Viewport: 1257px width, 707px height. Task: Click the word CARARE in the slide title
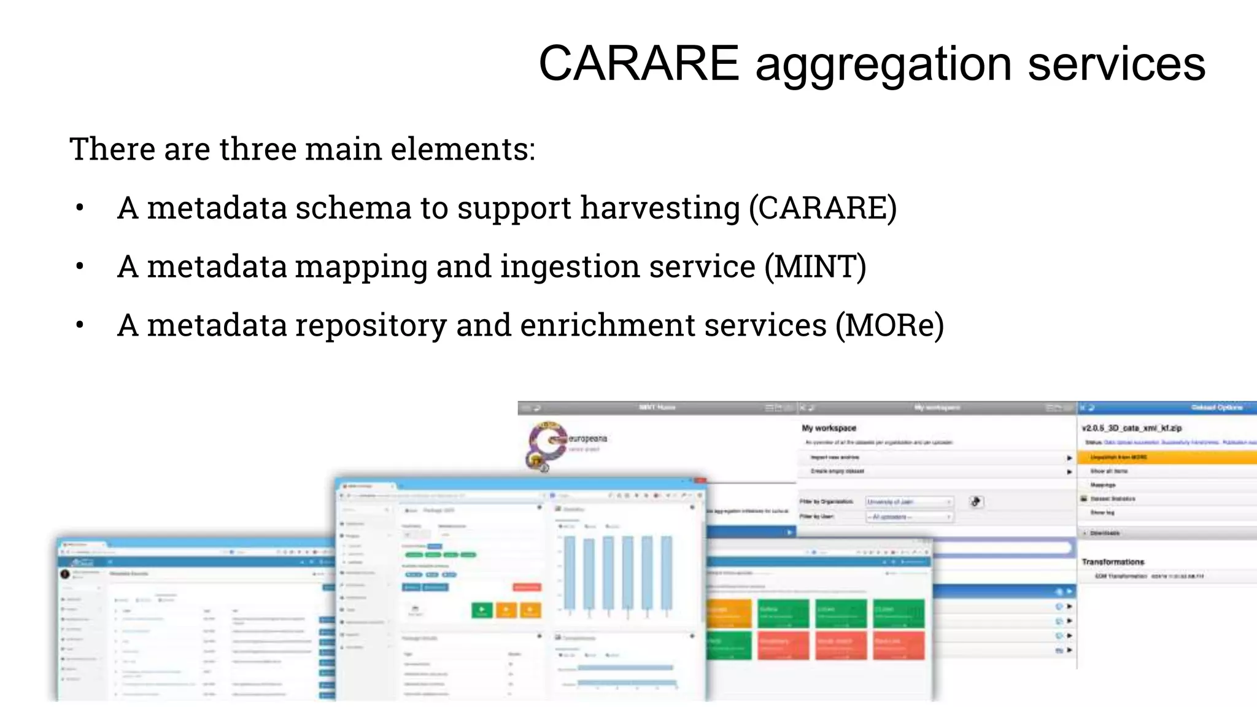coord(638,63)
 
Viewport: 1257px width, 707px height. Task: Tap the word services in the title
coord(1116,63)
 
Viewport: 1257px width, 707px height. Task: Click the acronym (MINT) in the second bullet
coord(815,267)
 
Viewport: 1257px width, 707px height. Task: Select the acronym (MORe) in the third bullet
coord(889,325)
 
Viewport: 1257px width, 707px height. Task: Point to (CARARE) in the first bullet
coord(822,208)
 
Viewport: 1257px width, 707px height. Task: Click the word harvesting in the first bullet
coord(660,208)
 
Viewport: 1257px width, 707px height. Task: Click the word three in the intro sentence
coord(258,149)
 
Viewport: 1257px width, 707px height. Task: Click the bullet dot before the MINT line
coord(79,267)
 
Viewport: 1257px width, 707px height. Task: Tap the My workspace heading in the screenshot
coord(829,428)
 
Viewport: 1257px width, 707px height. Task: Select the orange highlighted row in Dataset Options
coord(1166,457)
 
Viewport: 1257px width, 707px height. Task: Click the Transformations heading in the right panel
coord(1113,562)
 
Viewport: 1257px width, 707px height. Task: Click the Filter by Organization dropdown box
coord(908,502)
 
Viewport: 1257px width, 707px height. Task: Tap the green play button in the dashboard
coord(482,610)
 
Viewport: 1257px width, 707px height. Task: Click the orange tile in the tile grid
coord(729,613)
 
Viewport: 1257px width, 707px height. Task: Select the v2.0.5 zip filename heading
coord(1131,428)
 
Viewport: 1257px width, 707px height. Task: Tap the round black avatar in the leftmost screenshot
coord(65,574)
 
